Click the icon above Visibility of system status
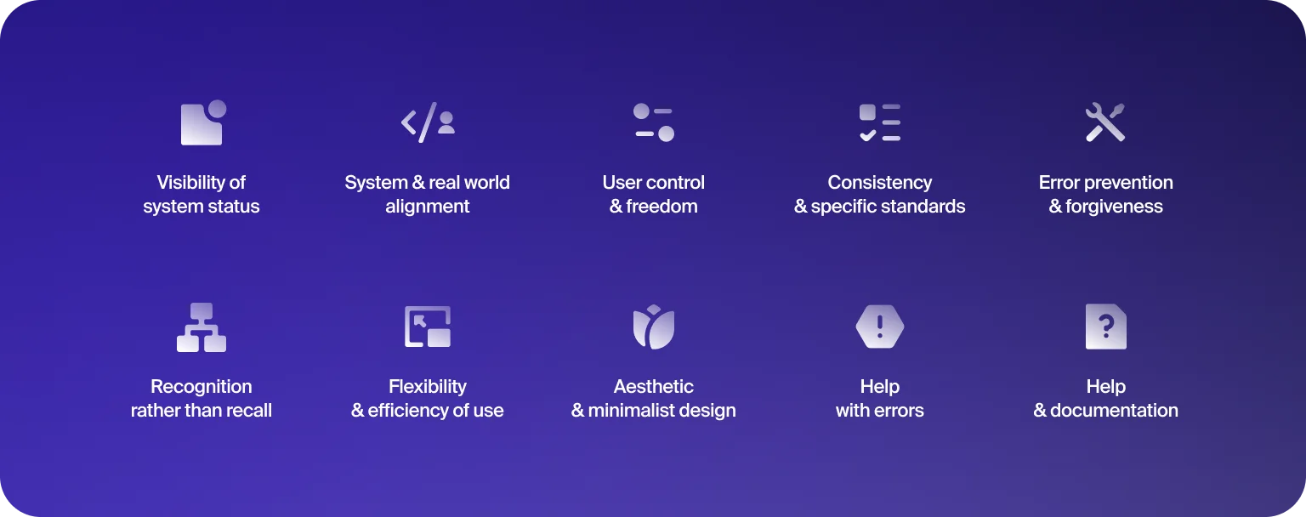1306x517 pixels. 203,122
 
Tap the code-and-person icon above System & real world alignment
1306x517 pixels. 428,122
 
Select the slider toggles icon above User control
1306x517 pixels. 654,122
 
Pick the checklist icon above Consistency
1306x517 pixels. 880,122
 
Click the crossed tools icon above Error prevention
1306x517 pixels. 1105,122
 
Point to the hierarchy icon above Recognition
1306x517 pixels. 202,327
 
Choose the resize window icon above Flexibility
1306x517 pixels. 428,327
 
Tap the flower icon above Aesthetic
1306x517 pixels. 654,327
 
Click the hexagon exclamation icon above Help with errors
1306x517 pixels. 880,327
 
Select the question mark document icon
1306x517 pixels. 1105,327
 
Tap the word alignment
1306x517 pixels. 428,207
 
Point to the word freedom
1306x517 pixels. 662,207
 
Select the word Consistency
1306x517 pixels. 880,183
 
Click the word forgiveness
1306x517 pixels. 1114,207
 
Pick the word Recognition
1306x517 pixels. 202,387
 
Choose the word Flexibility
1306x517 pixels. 428,387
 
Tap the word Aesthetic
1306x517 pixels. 654,386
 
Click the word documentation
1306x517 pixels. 1114,411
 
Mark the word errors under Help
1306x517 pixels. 898,411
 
